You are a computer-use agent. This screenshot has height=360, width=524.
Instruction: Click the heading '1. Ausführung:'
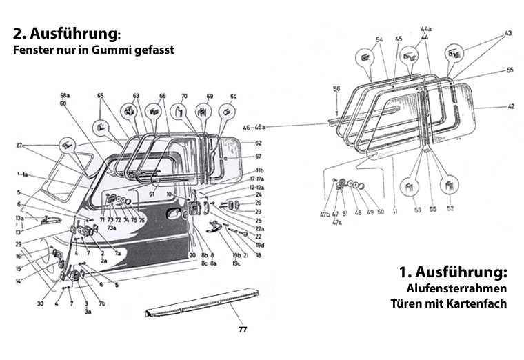click(x=453, y=270)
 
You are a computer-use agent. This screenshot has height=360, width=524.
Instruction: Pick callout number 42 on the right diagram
click(x=511, y=107)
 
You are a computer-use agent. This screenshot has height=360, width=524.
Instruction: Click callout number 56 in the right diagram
click(x=336, y=89)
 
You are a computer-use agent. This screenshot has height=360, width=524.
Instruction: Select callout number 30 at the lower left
click(x=40, y=303)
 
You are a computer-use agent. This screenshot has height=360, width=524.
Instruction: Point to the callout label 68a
click(x=65, y=95)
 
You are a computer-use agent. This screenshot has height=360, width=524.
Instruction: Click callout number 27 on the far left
click(x=20, y=145)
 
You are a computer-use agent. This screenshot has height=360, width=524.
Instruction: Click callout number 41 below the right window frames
click(x=394, y=210)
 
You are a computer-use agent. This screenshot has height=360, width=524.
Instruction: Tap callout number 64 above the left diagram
click(x=233, y=96)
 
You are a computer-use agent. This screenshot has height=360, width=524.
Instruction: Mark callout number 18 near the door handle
click(x=259, y=255)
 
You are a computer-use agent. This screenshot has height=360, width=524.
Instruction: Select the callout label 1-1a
click(x=21, y=174)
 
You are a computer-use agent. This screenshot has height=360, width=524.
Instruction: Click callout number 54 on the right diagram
click(x=379, y=40)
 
